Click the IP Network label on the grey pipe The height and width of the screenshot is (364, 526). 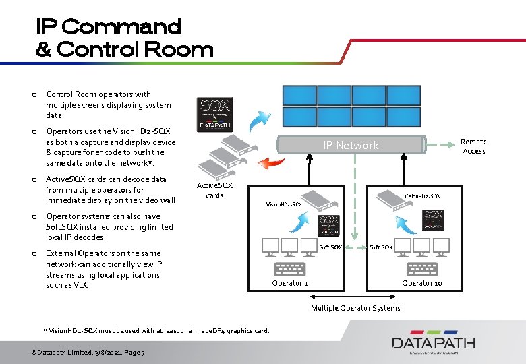350,145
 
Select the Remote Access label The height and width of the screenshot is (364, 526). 473,146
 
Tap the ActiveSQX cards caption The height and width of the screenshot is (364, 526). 214,190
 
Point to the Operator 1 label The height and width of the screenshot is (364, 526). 290,283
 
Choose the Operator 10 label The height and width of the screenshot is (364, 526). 422,283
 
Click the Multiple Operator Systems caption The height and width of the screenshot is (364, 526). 355,308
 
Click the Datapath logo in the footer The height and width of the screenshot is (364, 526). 434,343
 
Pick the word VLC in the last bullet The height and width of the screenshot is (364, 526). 81,285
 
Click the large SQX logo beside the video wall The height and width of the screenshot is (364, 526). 214,114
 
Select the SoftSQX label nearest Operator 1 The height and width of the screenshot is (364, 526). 330,247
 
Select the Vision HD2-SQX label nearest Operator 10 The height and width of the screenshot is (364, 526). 421,197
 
